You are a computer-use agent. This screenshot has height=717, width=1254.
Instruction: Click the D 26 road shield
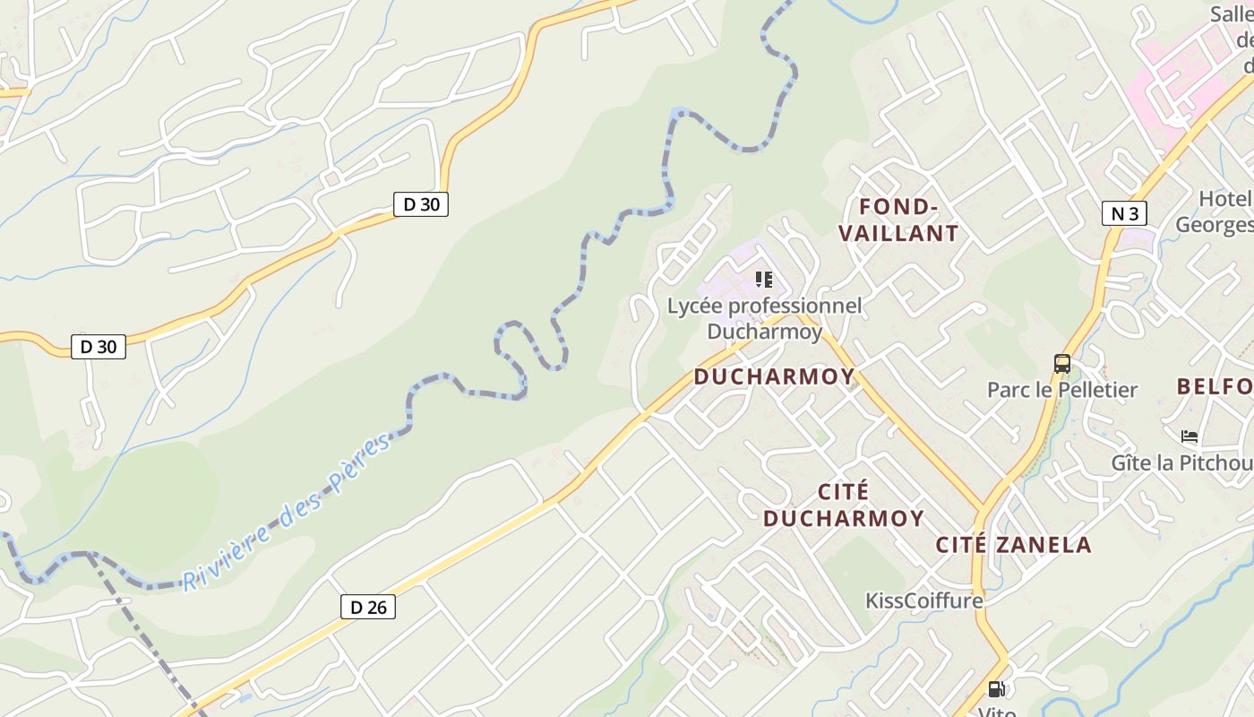368,607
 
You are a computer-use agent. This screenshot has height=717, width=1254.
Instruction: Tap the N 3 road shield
1125,213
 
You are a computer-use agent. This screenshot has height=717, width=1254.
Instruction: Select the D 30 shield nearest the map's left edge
99,347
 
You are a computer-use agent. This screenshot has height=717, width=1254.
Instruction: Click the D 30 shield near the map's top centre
421,204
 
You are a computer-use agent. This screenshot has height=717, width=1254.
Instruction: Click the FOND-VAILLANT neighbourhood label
898,220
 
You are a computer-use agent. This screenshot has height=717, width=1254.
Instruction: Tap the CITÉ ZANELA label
1014,544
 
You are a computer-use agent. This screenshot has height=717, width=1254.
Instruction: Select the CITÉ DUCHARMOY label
844,505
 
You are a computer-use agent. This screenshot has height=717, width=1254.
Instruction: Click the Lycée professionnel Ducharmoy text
764,318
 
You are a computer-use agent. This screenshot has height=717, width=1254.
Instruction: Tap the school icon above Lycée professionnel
763,280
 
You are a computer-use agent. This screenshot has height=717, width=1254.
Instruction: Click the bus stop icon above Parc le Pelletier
1062,363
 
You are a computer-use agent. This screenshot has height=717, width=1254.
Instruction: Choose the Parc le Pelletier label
1061,390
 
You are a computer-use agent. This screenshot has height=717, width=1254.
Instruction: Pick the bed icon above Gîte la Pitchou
1190,436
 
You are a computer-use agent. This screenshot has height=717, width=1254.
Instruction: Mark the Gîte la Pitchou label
1181,462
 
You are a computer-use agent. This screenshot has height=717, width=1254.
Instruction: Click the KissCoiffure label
924,600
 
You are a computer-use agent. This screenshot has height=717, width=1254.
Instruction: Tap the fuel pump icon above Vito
996,688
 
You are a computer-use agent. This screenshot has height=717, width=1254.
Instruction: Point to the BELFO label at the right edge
1215,386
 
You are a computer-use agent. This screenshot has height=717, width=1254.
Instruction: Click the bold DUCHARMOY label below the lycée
775,376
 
